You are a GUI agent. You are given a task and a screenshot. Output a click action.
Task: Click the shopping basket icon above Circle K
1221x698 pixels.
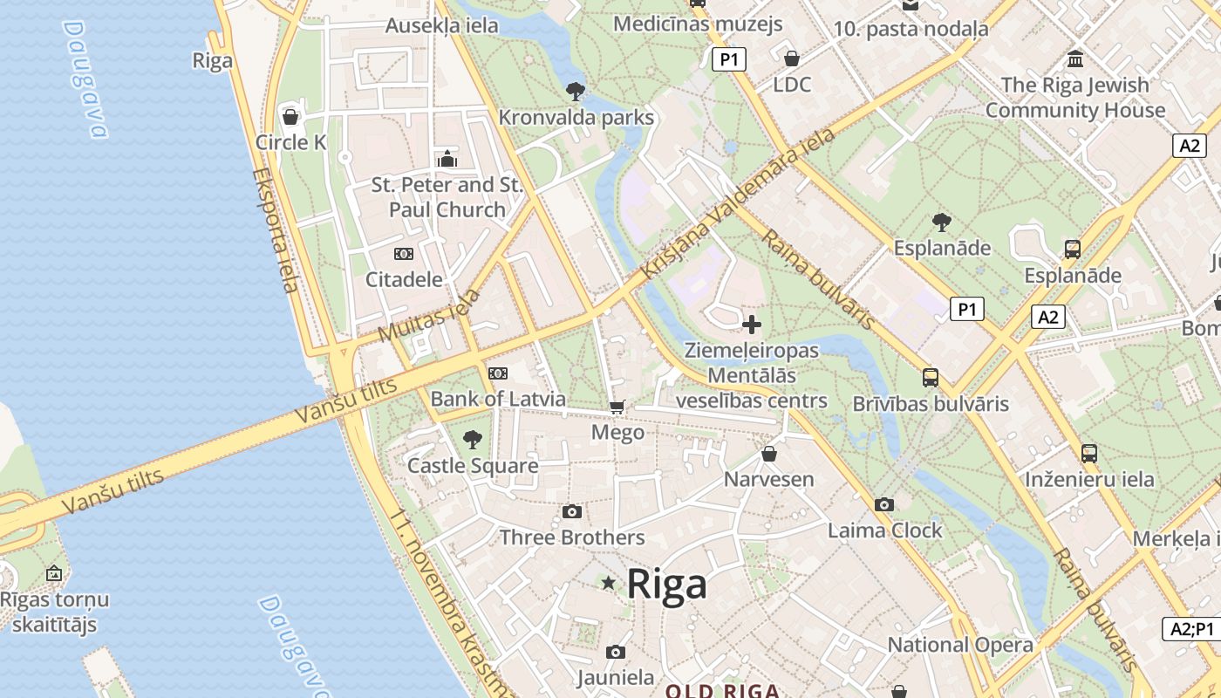coord(290,116)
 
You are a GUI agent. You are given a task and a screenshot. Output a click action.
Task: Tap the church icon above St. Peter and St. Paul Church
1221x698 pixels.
coord(447,159)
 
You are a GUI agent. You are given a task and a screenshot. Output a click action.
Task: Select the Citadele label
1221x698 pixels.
coord(404,280)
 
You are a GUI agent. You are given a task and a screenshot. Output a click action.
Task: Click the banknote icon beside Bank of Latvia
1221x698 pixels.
coord(498,373)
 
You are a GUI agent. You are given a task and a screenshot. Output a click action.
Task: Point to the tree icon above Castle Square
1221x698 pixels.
coord(473,439)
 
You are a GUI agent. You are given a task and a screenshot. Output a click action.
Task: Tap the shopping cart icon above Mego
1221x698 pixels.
coord(617,407)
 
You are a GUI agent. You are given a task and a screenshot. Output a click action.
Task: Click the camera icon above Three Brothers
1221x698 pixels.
coord(572,511)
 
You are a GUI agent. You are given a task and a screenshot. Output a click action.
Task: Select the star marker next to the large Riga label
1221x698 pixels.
coord(608,583)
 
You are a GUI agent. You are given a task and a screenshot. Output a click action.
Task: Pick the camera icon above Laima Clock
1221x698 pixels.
coord(884,504)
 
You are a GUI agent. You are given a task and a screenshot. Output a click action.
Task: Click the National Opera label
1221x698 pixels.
coord(960,645)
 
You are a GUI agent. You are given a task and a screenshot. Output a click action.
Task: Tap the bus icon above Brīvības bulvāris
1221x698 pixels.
coord(931,378)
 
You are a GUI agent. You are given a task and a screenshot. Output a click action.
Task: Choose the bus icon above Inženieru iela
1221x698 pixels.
coord(1089,454)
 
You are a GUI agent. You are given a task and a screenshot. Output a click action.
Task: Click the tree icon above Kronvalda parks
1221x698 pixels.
coord(576,91)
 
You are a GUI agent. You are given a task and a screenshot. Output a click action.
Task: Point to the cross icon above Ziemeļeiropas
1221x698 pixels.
coord(751,325)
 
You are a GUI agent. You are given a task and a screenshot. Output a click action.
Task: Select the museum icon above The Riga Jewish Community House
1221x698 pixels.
coord(1075,59)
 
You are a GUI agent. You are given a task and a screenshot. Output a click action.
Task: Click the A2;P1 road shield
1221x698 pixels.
coord(1192,628)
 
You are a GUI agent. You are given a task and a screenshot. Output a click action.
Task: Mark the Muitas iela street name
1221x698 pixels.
coord(430,316)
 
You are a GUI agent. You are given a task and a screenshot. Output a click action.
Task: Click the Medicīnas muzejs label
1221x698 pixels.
coord(698,24)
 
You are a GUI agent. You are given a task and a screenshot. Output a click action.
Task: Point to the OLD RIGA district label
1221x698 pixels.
coord(723,691)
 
